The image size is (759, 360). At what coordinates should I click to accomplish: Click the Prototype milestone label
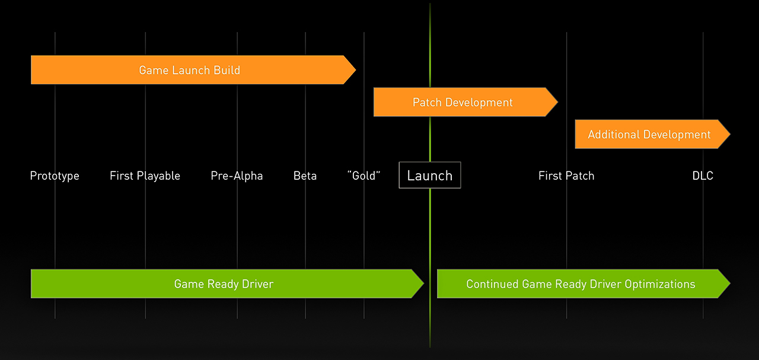click(55, 176)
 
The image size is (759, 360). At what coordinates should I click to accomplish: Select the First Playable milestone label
click(145, 176)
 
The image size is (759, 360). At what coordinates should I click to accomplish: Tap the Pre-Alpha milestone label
click(237, 176)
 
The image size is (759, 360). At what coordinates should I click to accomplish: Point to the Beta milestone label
click(305, 176)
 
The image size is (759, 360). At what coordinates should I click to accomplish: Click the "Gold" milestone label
click(364, 176)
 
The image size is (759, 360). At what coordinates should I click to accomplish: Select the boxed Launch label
click(430, 175)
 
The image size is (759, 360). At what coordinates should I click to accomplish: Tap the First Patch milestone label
click(566, 176)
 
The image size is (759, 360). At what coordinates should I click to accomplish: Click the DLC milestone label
click(703, 176)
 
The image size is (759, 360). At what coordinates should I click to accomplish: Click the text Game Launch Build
click(189, 70)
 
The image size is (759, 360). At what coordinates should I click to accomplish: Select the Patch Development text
click(463, 103)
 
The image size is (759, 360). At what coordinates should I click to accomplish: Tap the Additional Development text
click(649, 135)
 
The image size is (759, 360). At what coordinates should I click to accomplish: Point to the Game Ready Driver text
click(224, 284)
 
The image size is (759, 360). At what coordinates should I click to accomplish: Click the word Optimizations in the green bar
click(660, 284)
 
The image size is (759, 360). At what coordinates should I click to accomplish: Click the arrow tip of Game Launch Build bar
click(355, 70)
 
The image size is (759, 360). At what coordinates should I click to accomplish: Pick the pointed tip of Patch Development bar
click(557, 102)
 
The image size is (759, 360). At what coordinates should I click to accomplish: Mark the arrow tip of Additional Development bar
click(730, 134)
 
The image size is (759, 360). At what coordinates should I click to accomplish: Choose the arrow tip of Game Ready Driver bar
click(423, 283)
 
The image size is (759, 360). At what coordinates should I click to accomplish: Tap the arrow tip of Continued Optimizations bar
click(730, 283)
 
